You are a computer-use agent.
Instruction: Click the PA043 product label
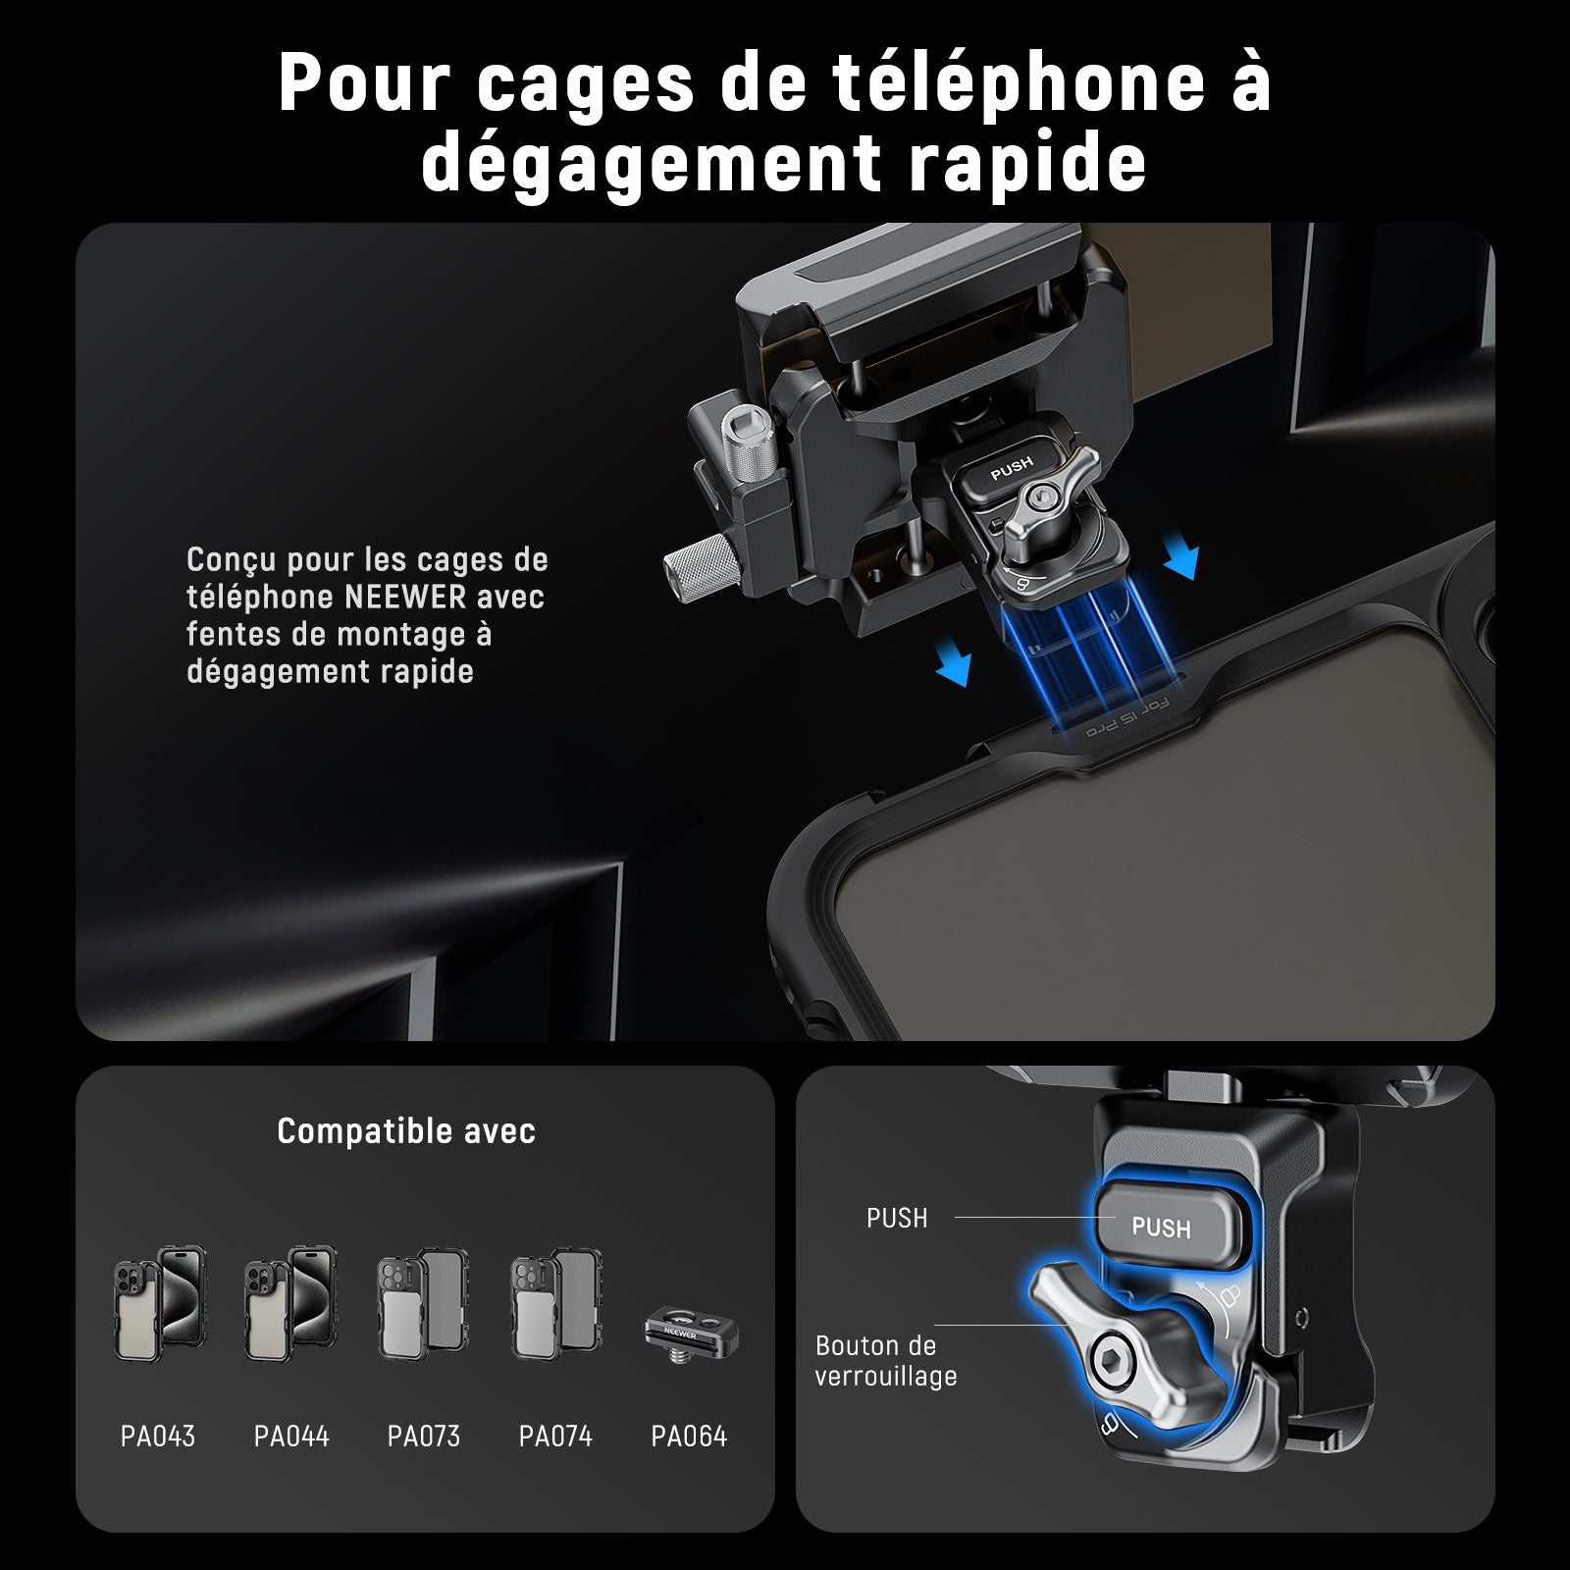point(158,1437)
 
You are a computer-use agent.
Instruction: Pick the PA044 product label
point(291,1437)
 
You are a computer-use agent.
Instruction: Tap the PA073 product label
point(424,1437)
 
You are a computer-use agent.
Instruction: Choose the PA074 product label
point(555,1437)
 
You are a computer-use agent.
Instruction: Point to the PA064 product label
point(689,1437)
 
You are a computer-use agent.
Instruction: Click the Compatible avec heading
point(406,1131)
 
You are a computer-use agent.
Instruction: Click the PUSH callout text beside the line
point(897,1219)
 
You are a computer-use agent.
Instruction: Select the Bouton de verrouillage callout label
point(885,1361)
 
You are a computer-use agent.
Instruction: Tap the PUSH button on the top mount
point(1011,468)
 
